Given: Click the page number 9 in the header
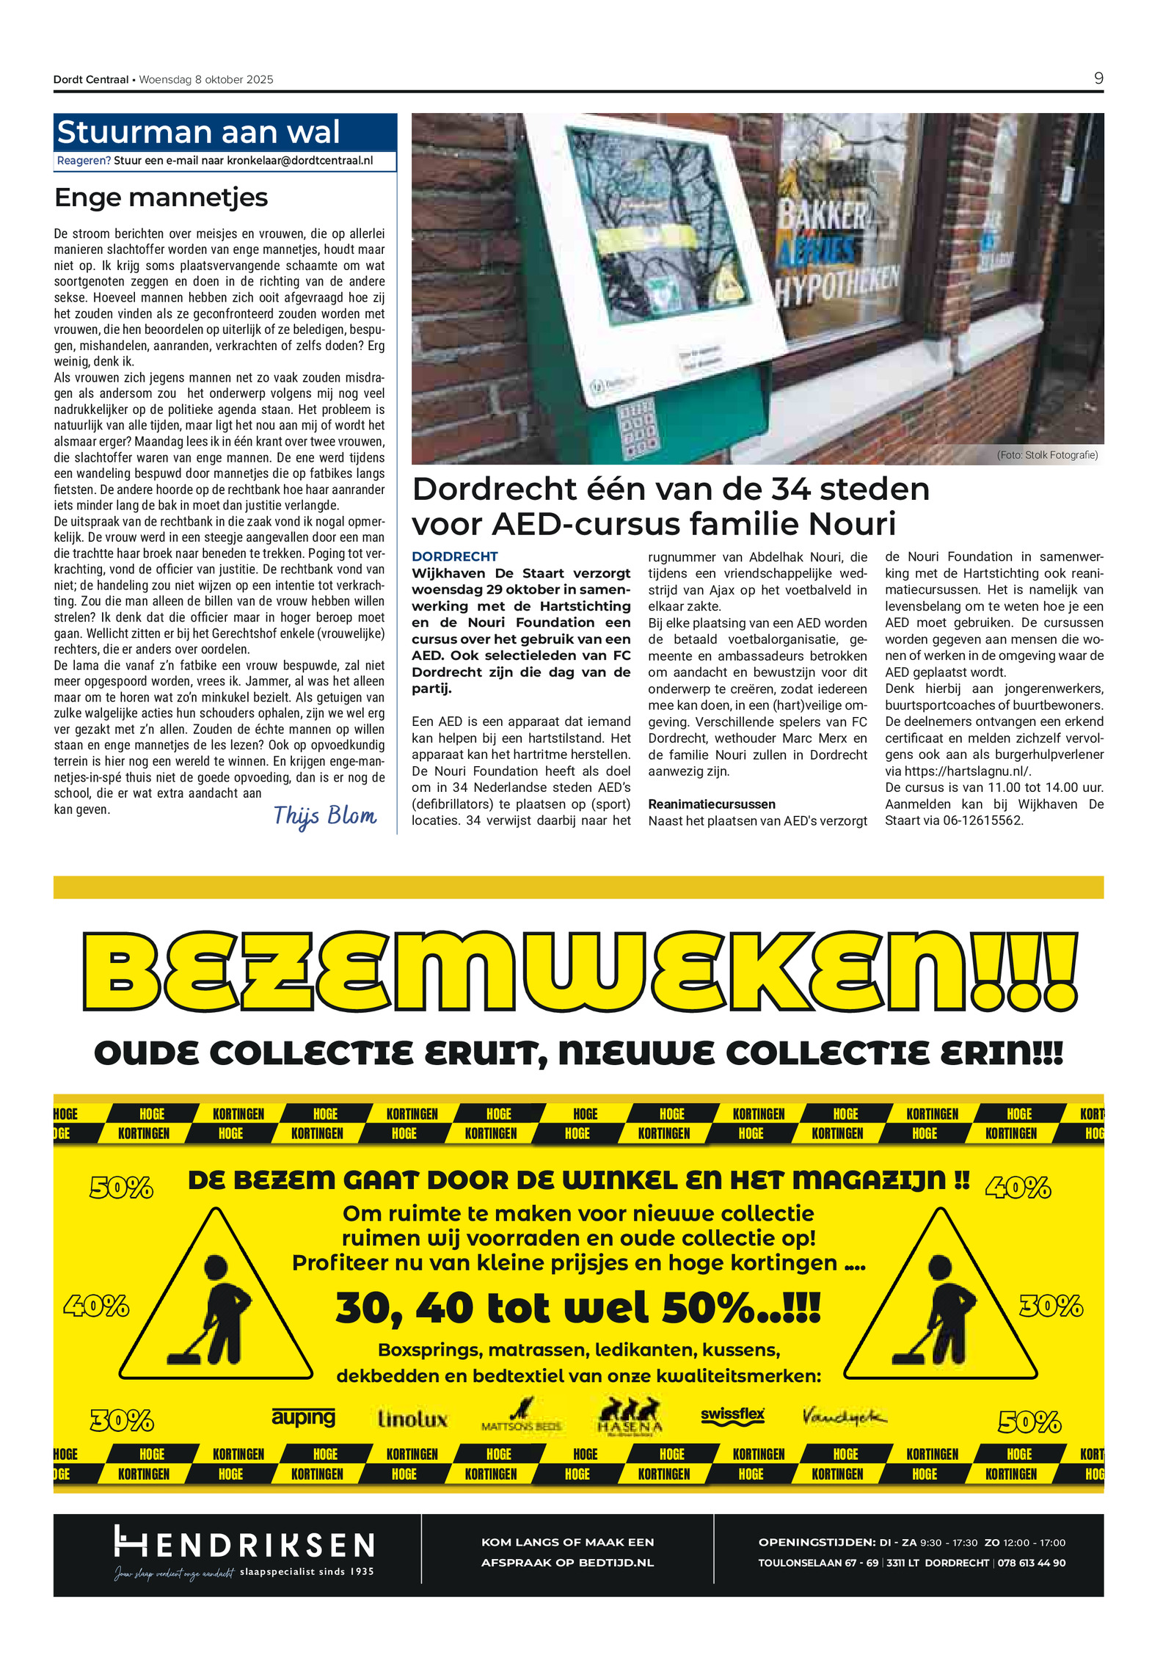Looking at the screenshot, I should [x=1098, y=78].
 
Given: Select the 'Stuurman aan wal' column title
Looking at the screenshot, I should [x=198, y=132].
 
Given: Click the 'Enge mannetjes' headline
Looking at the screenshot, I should [x=161, y=197].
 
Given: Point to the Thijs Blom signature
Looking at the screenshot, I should [x=324, y=815].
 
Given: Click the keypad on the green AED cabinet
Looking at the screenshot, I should [x=636, y=426].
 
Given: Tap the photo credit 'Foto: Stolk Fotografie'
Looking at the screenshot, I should [x=1047, y=455].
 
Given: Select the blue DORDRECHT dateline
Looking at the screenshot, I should [x=454, y=556].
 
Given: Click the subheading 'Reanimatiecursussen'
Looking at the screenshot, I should [x=711, y=804].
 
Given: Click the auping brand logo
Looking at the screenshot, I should [x=303, y=1417].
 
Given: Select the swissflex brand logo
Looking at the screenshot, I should [x=732, y=1416].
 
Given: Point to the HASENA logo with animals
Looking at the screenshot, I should [x=629, y=1417].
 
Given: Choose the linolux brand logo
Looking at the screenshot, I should [x=412, y=1419].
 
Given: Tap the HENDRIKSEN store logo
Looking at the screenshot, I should [x=244, y=1544].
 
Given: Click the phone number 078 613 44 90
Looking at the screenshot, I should [x=1031, y=1563].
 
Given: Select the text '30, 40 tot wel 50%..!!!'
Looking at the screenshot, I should [x=577, y=1308].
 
